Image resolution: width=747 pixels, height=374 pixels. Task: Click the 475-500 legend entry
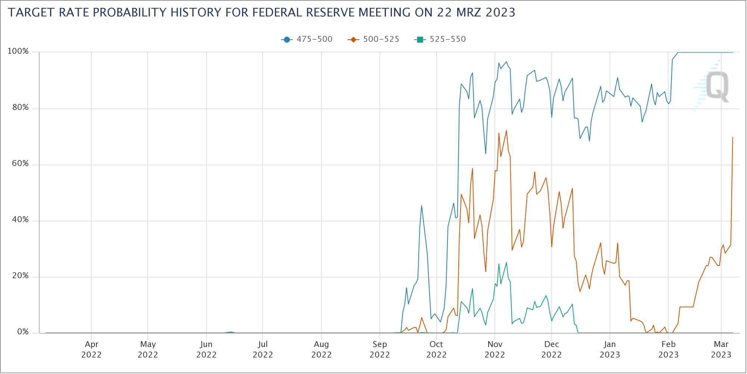307,39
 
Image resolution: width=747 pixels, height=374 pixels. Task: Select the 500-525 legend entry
373,39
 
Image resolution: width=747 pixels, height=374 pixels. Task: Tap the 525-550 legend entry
440,39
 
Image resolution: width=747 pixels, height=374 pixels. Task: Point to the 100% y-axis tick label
18,51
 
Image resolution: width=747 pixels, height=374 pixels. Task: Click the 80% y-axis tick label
20,108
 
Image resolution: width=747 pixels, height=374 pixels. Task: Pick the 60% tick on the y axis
20,164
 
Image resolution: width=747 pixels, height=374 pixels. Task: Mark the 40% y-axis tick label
20,220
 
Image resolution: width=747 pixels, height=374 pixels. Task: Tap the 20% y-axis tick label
20,276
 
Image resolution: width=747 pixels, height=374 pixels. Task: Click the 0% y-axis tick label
22,332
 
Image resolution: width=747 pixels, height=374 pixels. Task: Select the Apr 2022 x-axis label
92,349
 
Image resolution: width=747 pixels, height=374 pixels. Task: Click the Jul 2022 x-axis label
263,349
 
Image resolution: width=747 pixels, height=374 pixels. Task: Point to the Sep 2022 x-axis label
379,349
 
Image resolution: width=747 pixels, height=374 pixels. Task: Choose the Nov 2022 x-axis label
495,349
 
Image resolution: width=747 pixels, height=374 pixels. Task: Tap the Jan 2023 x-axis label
610,349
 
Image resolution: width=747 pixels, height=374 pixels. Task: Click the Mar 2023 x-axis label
721,349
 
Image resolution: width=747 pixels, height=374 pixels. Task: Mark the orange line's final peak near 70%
732,137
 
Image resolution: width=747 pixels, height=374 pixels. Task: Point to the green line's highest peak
506,263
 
